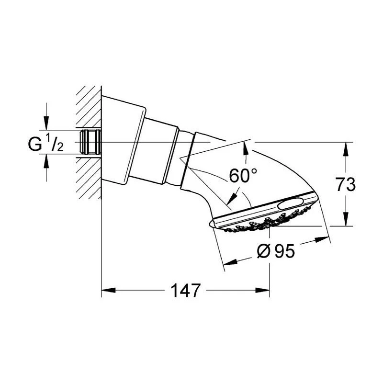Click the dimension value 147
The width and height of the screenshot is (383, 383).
(x=185, y=290)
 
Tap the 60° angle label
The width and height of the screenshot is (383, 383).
(x=240, y=176)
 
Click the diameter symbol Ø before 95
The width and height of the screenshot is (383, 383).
(x=264, y=251)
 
